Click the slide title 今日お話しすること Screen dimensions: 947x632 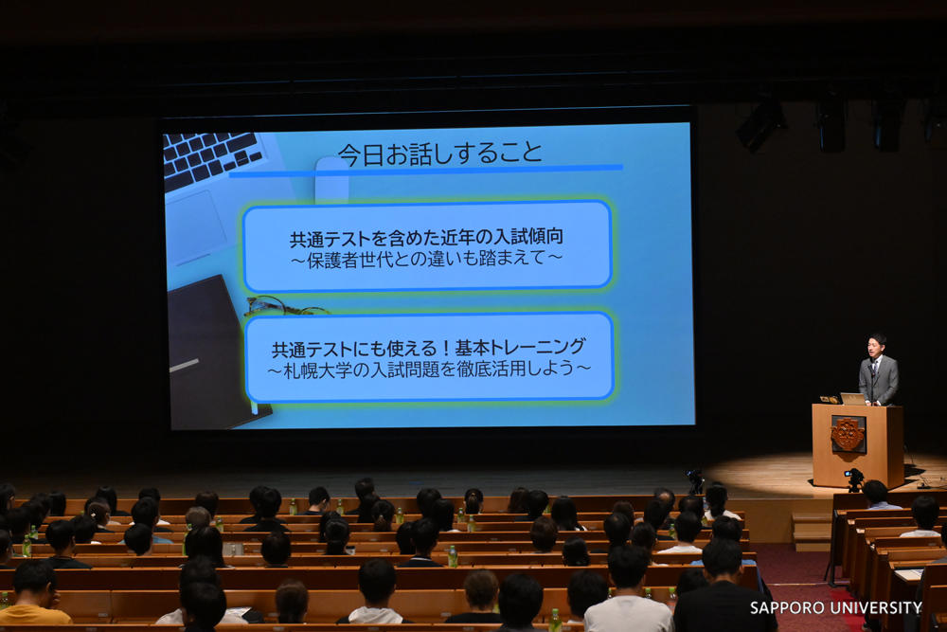pos(439,153)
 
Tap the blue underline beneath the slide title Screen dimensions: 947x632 pos(426,171)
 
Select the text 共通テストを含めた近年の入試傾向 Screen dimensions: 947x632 pos(426,238)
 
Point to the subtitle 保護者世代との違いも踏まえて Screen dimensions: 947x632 pos(426,259)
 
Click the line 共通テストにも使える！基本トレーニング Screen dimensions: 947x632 pos(428,348)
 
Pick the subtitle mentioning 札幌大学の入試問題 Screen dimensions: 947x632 pos(429,369)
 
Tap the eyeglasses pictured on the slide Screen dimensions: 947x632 pos(285,306)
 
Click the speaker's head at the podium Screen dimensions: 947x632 pos(877,346)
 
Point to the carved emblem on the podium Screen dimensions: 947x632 pos(848,434)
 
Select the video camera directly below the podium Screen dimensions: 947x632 pos(854,479)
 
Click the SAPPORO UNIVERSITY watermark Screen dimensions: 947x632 pos(835,607)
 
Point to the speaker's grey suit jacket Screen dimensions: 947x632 pos(879,380)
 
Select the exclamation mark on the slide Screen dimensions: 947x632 pos(445,348)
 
